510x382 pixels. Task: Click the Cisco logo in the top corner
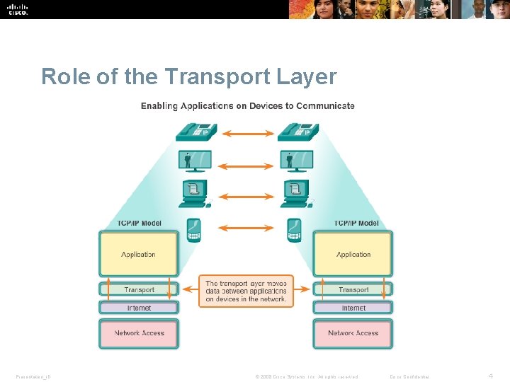tap(18, 9)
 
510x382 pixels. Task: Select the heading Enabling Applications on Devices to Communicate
tap(247, 106)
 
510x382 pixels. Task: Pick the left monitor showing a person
tap(194, 161)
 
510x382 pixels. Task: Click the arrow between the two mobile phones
tap(244, 228)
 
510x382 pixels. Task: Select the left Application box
tap(138, 254)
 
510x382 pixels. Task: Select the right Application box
tap(353, 254)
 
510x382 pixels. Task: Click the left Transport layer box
tap(139, 289)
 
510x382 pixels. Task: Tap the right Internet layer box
tap(353, 308)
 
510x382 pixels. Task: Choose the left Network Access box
tap(139, 332)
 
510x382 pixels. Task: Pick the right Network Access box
tap(353, 332)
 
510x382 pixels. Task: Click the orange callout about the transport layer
tap(246, 291)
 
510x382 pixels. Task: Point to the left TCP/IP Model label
tap(139, 224)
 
